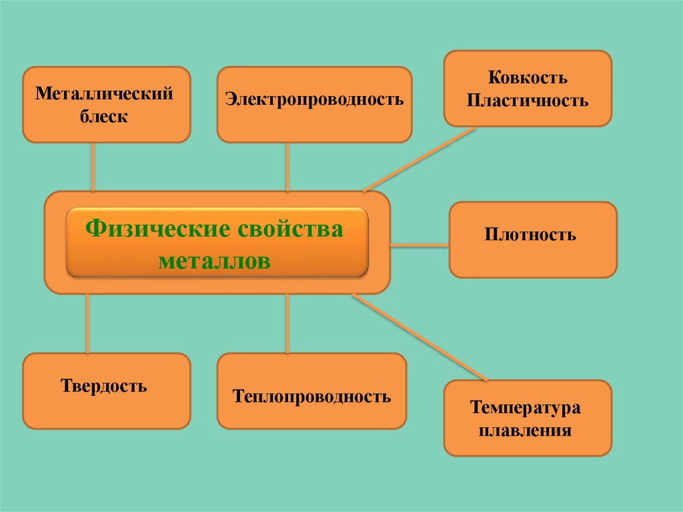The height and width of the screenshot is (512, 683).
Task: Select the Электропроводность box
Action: (314, 104)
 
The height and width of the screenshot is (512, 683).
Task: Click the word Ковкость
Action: (527, 77)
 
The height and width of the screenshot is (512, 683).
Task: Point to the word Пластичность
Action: (527, 101)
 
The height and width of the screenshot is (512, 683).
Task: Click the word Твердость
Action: (104, 385)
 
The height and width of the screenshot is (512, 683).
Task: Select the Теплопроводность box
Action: (311, 397)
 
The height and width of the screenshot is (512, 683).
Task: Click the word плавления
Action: (528, 430)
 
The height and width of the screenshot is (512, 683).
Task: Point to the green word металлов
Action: (215, 261)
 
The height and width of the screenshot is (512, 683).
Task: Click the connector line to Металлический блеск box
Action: (93, 167)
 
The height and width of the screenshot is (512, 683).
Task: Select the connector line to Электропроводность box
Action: (287, 167)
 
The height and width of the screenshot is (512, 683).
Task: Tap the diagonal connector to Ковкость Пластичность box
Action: (420, 159)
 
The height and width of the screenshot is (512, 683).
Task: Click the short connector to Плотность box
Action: (420, 246)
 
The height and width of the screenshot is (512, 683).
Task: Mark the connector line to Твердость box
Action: (87, 324)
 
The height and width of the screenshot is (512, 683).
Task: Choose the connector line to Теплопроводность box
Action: (287, 324)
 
